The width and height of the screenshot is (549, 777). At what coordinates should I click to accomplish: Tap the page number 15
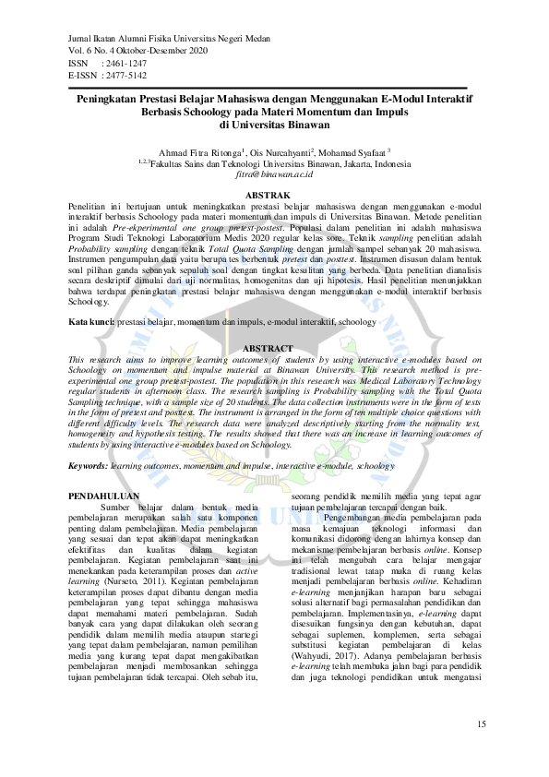[x=481, y=722]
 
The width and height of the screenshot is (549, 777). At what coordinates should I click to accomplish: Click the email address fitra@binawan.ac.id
[x=274, y=173]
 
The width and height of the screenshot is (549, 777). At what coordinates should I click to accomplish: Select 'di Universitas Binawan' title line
[x=274, y=124]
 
